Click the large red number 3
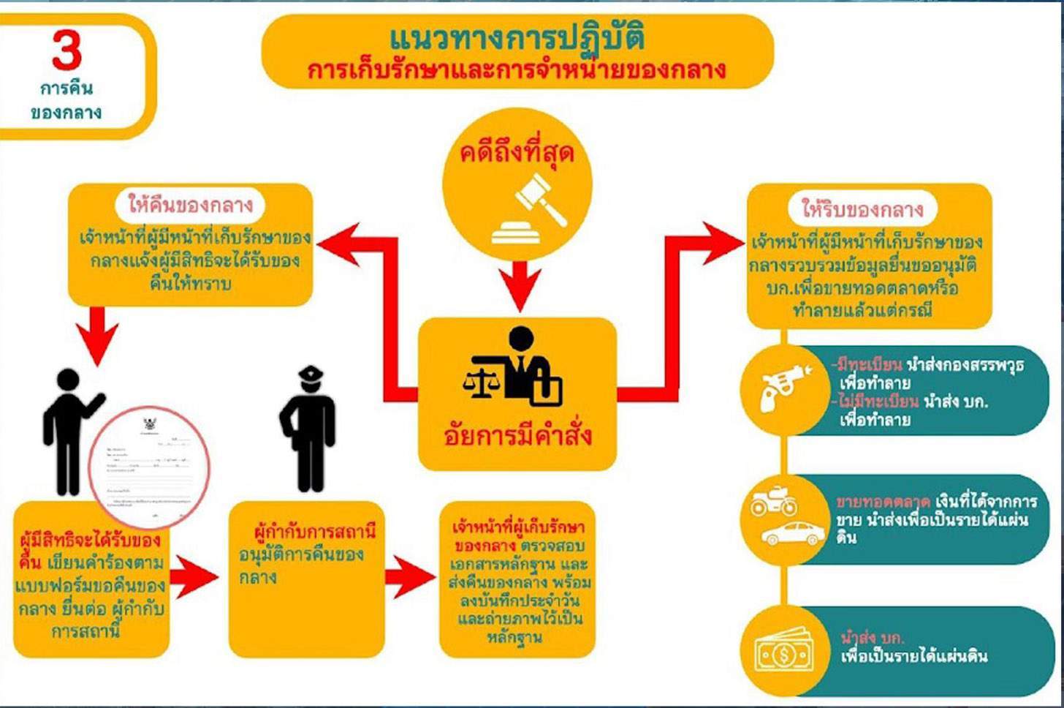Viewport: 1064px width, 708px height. pos(66,50)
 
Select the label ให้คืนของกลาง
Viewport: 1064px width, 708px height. pos(190,204)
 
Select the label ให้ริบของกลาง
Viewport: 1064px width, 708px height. pos(863,210)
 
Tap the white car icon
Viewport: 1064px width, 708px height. pos(793,533)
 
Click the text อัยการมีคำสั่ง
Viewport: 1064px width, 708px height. pos(517,436)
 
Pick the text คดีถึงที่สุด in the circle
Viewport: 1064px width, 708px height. pos(517,153)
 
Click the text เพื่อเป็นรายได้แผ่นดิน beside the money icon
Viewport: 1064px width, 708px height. pos(913,655)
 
